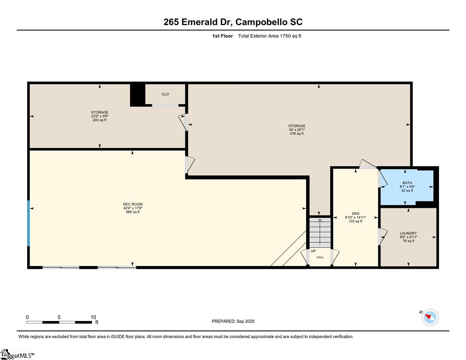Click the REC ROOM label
133,204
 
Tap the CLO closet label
165,94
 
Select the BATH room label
407,183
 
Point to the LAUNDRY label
408,233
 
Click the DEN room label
356,213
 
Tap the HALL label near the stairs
320,257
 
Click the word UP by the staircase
313,251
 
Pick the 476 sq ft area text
297,133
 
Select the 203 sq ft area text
99,120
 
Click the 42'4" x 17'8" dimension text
133,208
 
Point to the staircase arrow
320,232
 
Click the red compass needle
428,316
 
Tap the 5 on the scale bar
59,317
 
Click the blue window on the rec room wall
28,223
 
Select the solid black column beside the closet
137,95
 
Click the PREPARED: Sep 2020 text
233,321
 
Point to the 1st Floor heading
222,36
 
